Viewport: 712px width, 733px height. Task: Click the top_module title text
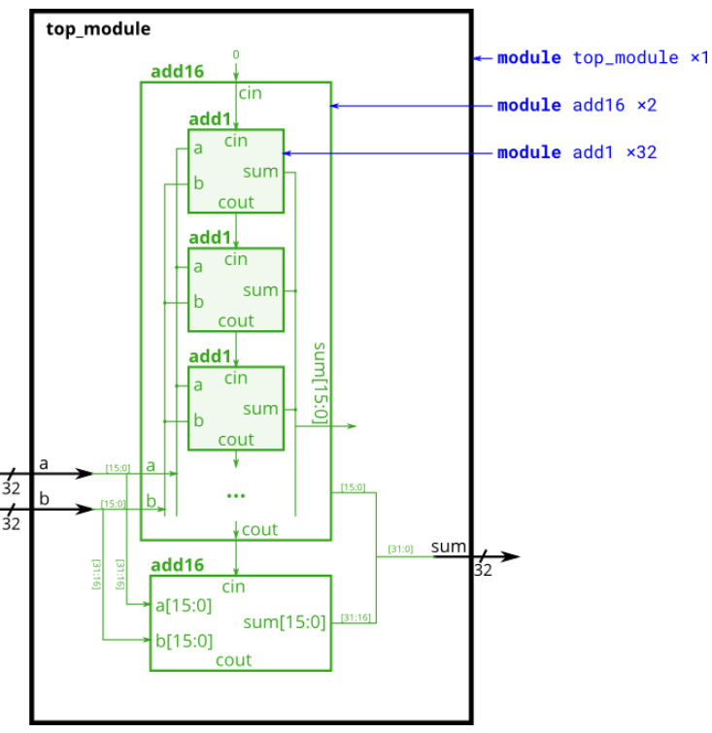point(98,29)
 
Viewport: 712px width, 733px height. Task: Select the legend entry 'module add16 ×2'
point(577,105)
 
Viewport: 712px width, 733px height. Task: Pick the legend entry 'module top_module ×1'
point(602,57)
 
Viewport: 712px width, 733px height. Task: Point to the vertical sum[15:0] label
point(320,383)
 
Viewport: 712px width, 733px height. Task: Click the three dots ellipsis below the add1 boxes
point(236,495)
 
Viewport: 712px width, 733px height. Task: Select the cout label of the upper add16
point(259,530)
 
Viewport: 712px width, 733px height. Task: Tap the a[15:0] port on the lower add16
point(184,605)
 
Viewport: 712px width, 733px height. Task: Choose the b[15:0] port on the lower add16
point(184,640)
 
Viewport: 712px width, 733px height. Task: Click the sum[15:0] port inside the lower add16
point(285,621)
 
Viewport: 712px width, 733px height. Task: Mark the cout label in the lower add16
point(234,660)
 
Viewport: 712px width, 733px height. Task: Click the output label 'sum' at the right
point(449,547)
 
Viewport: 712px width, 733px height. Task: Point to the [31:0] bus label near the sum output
point(400,550)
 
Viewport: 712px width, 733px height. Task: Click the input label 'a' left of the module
point(43,463)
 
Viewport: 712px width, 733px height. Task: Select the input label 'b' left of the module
point(43,498)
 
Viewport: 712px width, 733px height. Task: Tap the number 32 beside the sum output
point(483,571)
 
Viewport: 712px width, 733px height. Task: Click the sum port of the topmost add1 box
point(261,172)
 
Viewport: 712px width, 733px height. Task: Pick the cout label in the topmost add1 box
point(236,202)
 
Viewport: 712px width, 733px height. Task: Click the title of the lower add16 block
point(177,565)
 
